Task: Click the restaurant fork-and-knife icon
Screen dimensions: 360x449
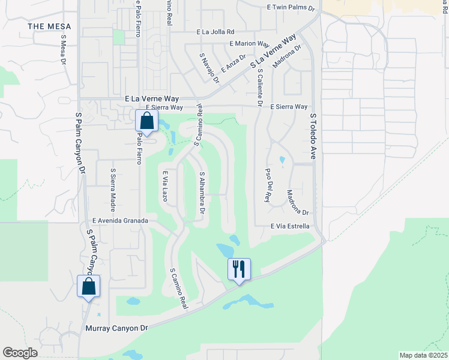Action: click(239, 269)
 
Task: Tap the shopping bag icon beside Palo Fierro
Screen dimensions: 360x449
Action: click(146, 121)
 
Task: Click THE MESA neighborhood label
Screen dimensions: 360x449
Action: click(49, 26)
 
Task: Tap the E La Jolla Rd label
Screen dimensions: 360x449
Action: click(214, 32)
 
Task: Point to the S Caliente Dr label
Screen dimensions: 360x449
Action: click(260, 88)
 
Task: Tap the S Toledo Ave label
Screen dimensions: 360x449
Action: click(313, 136)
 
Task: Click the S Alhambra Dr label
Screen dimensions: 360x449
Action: click(202, 193)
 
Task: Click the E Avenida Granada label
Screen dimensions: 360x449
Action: click(120, 221)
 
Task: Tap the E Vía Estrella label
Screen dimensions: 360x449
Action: click(290, 226)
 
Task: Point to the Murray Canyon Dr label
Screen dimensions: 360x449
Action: click(116, 328)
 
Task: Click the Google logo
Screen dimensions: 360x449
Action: click(20, 353)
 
